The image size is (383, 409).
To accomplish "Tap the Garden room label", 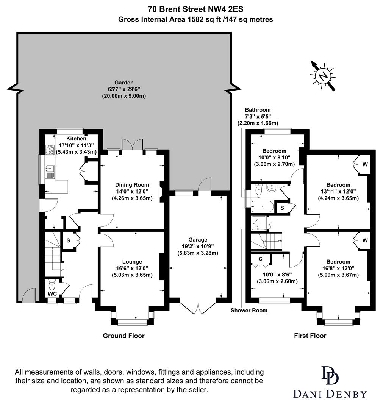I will (x=124, y=83).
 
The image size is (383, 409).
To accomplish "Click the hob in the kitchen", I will (x=50, y=150).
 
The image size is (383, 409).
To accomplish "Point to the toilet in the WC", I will (x=52, y=284).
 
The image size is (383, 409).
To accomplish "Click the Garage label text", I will (x=198, y=239).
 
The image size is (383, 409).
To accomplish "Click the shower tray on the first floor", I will (x=260, y=225).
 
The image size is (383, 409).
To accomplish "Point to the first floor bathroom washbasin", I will (x=271, y=188).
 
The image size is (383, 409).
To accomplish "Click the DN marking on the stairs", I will (x=280, y=242).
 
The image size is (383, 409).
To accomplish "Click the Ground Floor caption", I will (x=123, y=336).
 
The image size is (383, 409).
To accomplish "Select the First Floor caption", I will (x=310, y=336).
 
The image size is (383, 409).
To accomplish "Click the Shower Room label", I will (x=249, y=310).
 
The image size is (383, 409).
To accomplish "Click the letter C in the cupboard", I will (x=260, y=259).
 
